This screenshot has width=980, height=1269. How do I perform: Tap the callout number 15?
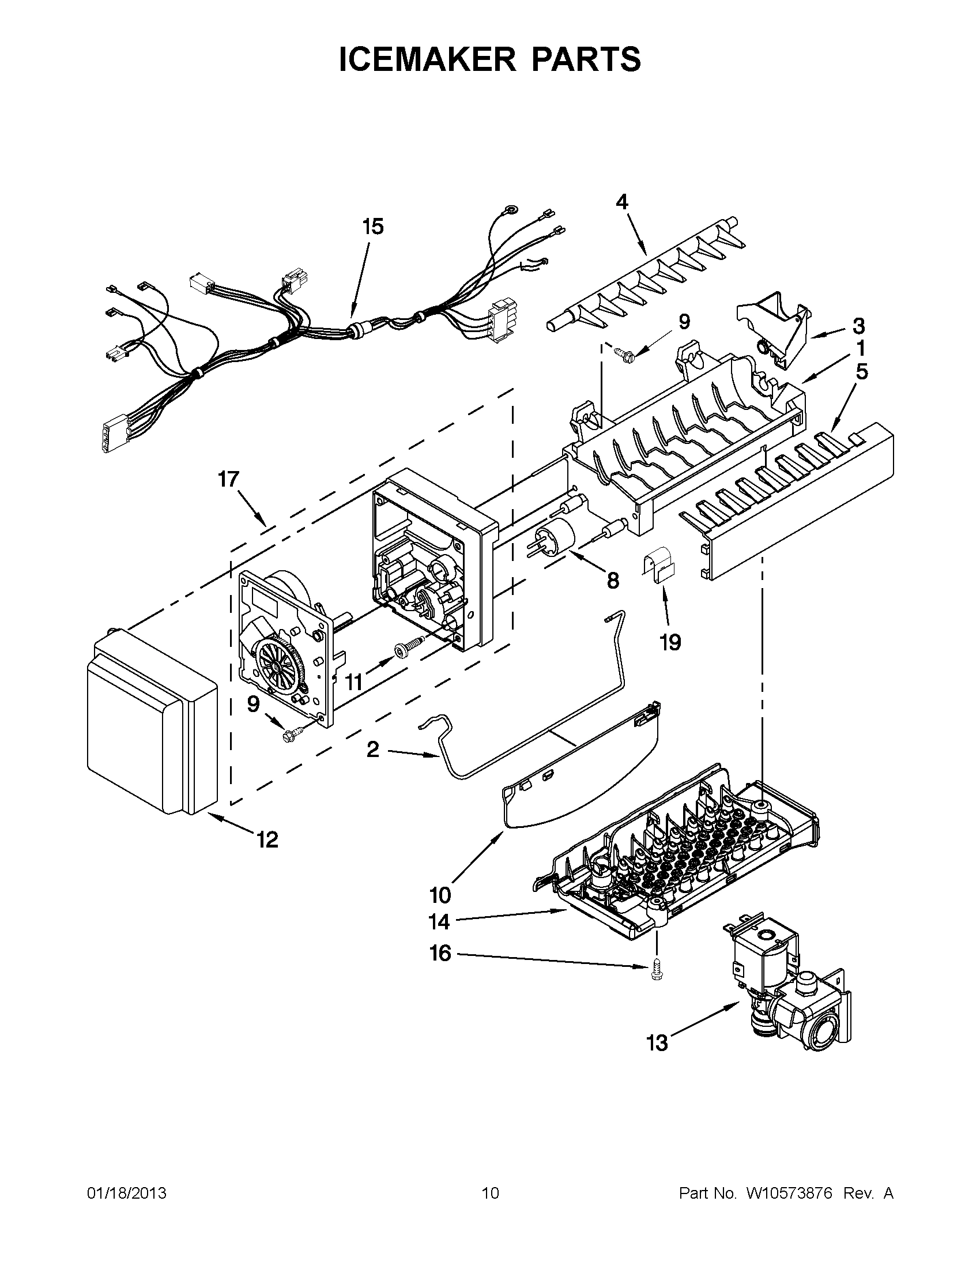tap(373, 227)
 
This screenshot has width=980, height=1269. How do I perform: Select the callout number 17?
tap(228, 479)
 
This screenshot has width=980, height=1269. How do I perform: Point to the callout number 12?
tap(267, 839)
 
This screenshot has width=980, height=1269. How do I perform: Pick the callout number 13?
tap(657, 1044)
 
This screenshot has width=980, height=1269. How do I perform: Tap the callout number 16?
tap(440, 953)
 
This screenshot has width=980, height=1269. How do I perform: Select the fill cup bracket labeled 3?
tap(775, 334)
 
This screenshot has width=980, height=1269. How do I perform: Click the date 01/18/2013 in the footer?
tap(127, 1193)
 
